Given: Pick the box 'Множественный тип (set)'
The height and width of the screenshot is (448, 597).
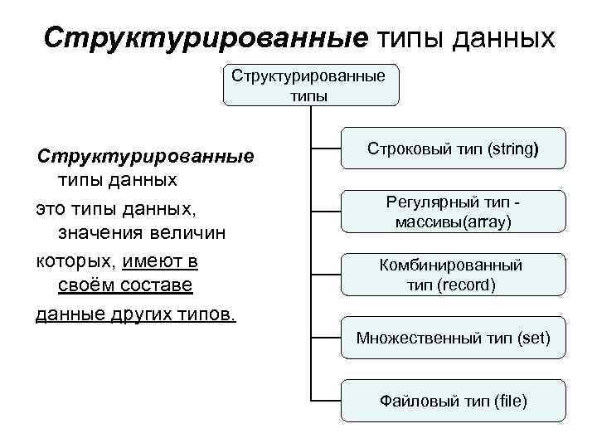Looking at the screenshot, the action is (453, 338).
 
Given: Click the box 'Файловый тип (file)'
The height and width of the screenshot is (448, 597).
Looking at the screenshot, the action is (453, 402).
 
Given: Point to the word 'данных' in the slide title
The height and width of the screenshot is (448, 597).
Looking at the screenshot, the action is (504, 38).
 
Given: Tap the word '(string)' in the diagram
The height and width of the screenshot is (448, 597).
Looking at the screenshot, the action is (512, 150).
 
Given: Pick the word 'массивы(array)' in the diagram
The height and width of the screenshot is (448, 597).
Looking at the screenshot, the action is (453, 222).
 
